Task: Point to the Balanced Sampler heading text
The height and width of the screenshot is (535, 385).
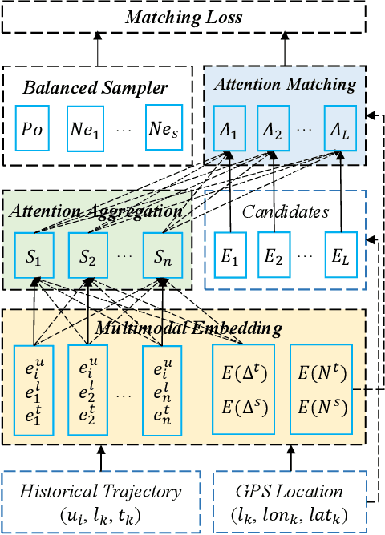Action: (96, 86)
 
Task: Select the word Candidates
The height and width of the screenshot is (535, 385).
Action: (286, 211)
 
